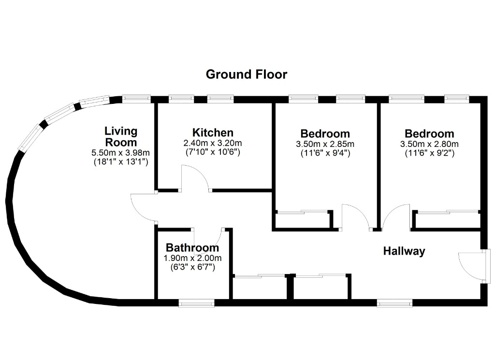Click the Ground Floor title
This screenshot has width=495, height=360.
[247, 74]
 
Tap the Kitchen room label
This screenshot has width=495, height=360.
[213, 132]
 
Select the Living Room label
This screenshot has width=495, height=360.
[121, 136]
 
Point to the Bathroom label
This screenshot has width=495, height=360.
[192, 248]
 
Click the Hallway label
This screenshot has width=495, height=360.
[404, 251]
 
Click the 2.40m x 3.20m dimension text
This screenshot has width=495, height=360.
[213, 143]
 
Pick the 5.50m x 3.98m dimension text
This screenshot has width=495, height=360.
[120, 153]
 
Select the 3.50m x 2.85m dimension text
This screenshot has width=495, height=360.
[325, 144]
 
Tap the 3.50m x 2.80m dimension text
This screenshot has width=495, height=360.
[429, 144]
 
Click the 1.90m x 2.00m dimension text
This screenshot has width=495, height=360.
[192, 258]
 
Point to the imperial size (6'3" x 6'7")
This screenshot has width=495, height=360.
[192, 267]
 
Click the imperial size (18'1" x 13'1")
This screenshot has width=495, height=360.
[120, 162]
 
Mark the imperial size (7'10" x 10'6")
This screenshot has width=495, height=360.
[213, 152]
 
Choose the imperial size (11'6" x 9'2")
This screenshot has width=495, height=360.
[429, 153]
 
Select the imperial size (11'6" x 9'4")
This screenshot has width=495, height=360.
[325, 153]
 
